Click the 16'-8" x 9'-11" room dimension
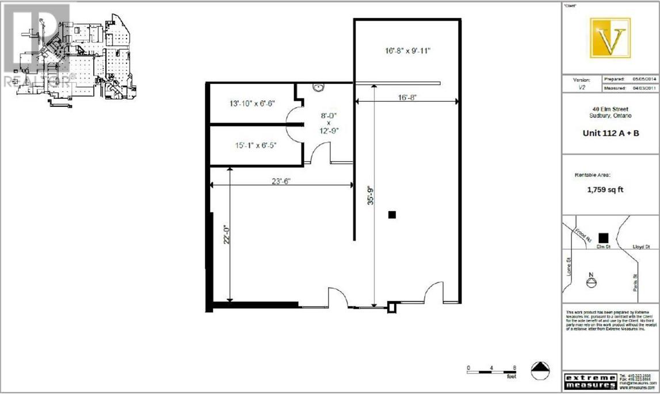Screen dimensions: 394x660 (x=407, y=51)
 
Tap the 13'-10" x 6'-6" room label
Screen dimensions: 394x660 (x=252, y=104)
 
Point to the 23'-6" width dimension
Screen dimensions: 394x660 (x=281, y=181)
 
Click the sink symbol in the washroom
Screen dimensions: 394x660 (x=318, y=88)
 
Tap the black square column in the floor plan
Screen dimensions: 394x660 (x=392, y=215)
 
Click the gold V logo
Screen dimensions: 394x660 (x=610, y=38)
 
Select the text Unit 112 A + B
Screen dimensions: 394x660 (x=611, y=133)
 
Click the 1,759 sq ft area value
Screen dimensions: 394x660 (x=605, y=189)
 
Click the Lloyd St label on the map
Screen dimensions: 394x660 (x=641, y=247)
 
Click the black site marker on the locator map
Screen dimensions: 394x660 (x=603, y=238)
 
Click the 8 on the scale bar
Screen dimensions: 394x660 (x=514, y=368)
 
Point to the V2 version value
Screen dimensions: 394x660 (x=582, y=89)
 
